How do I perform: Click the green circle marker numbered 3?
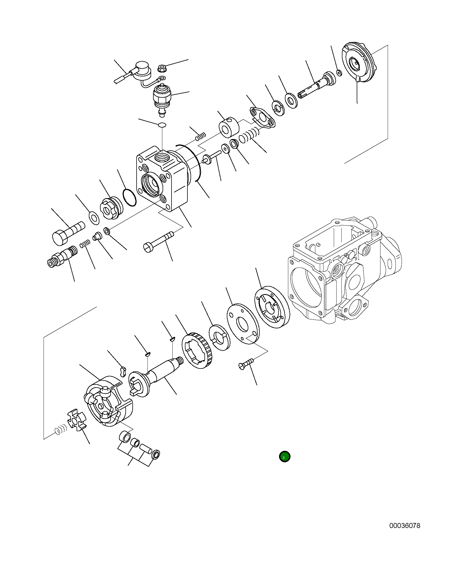click(x=284, y=457)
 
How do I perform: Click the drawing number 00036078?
click(x=404, y=526)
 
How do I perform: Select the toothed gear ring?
click(x=197, y=351)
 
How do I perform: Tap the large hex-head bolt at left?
click(x=67, y=234)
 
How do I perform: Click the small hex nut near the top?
click(x=161, y=68)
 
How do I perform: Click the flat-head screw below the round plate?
click(x=246, y=364)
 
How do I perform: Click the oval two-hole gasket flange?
click(x=262, y=118)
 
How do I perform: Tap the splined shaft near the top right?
click(x=316, y=85)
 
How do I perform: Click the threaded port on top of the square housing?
click(x=161, y=157)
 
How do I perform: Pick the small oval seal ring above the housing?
click(x=162, y=125)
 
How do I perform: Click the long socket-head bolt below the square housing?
click(x=158, y=241)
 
